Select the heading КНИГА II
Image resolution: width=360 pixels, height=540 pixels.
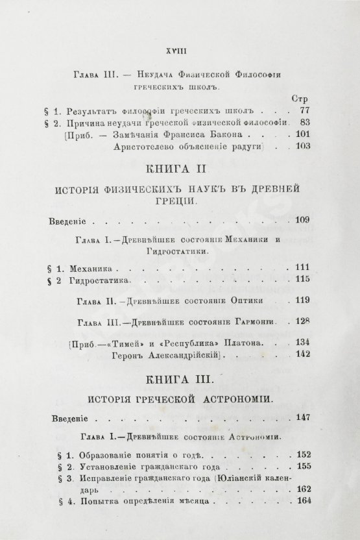[x=180, y=169]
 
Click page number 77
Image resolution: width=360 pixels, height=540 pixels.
[x=300, y=111]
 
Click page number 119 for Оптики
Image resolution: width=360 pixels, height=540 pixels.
[x=300, y=301]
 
